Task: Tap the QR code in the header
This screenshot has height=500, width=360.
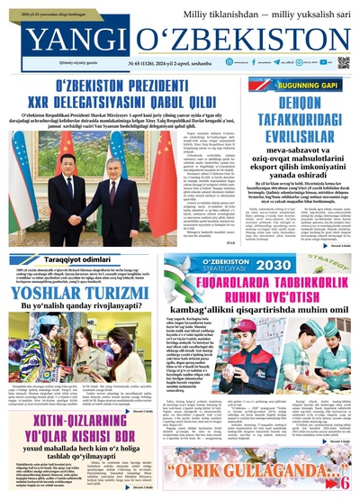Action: [x=343, y=63]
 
